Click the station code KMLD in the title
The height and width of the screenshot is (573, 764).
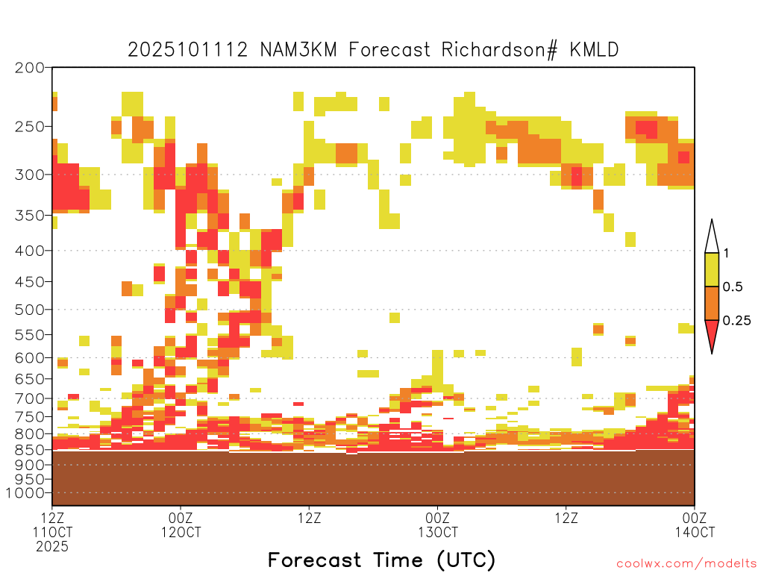point(594,50)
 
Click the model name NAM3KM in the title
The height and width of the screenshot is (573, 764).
point(298,50)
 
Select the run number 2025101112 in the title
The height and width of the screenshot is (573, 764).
point(187,50)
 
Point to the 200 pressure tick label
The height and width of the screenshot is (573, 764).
point(30,68)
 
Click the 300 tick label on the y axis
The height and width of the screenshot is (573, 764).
point(30,175)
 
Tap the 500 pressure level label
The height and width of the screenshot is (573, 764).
point(30,310)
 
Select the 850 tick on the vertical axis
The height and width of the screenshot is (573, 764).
point(30,449)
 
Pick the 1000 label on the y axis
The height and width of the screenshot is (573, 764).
point(25,493)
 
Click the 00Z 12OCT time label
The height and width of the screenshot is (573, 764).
point(181,525)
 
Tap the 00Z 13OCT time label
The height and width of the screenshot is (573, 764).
point(437,525)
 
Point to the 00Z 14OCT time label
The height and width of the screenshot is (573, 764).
point(695,525)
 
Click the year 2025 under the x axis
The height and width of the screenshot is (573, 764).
point(52,546)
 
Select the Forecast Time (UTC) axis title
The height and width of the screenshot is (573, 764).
point(381,560)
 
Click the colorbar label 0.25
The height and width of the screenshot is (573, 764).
point(736,320)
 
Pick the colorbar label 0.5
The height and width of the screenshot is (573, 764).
point(733,286)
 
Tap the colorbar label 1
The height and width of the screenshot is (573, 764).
point(726,253)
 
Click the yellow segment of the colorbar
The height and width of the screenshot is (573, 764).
point(712,269)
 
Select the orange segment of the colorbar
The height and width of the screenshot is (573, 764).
point(712,303)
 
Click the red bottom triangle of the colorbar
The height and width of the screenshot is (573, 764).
point(712,333)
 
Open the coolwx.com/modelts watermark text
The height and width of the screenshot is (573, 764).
point(686,564)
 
